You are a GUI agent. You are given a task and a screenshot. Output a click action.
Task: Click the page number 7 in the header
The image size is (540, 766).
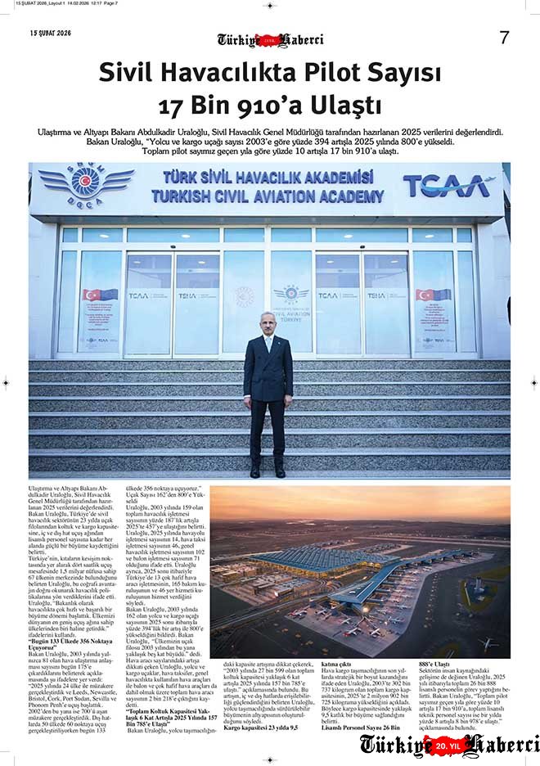point(504,37)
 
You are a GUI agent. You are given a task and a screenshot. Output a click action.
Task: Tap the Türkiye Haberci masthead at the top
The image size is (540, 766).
point(270,39)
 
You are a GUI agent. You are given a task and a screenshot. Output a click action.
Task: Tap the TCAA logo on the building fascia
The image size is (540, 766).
point(447,186)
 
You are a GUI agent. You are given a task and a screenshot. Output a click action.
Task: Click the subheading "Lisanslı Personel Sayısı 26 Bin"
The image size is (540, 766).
point(361,726)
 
